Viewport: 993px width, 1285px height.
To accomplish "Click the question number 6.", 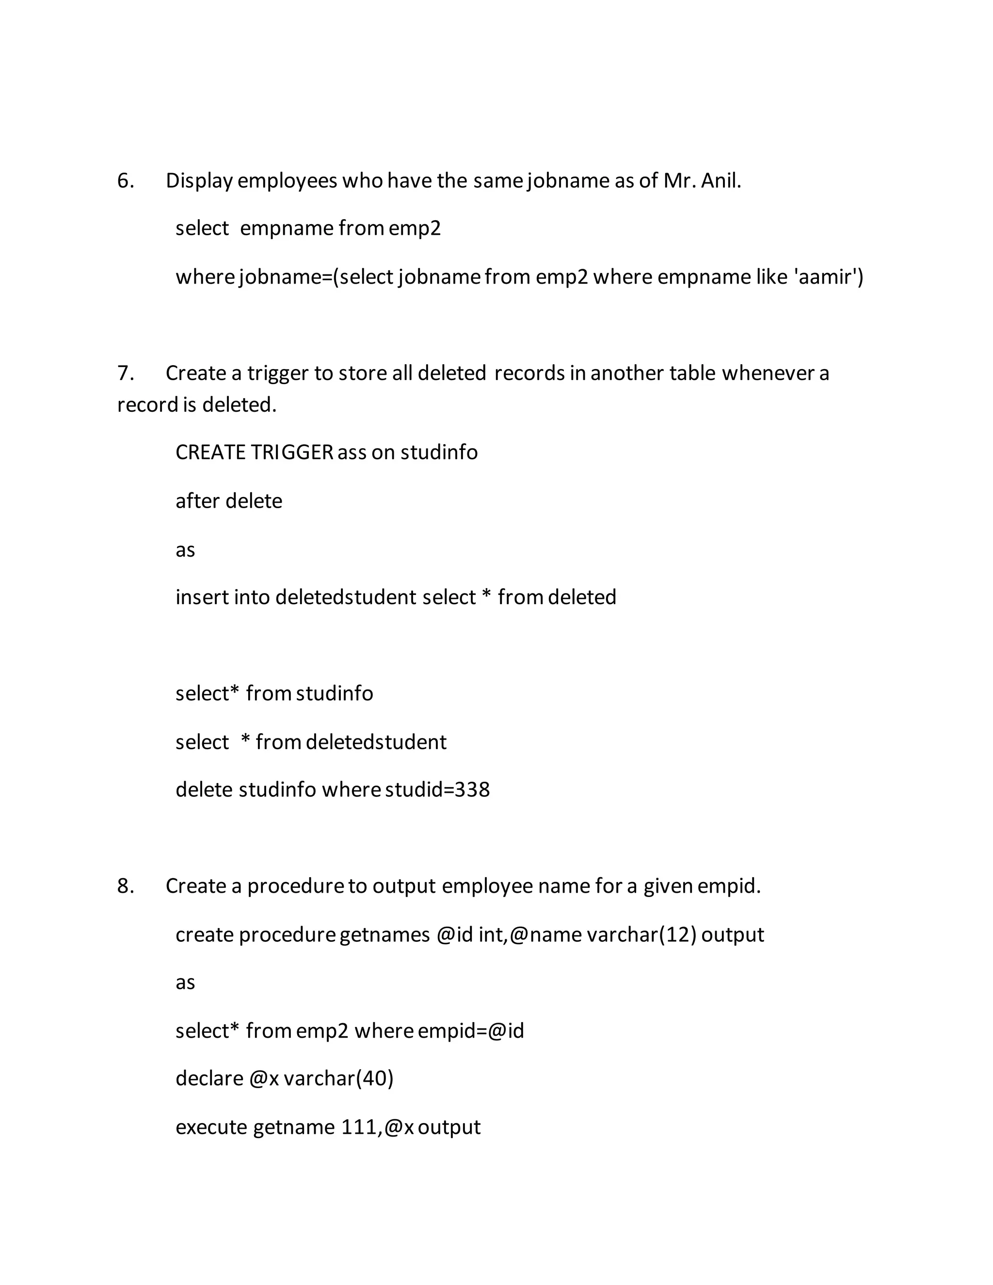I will pyautogui.click(x=125, y=181).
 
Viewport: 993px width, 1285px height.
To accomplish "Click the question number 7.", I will pyautogui.click(x=125, y=373).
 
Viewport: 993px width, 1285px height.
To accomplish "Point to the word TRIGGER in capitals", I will pyautogui.click(x=292, y=452).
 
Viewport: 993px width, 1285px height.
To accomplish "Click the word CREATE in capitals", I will pyautogui.click(x=210, y=452).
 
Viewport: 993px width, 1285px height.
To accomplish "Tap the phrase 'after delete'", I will pyautogui.click(x=229, y=501).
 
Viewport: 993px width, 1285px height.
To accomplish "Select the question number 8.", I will pyautogui.click(x=125, y=885).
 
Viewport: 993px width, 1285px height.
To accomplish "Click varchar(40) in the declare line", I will pyautogui.click(x=339, y=1078).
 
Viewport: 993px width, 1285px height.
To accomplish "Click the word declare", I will pyautogui.click(x=209, y=1078).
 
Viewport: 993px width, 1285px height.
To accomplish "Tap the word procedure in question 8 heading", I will pyautogui.click(x=295, y=885).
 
